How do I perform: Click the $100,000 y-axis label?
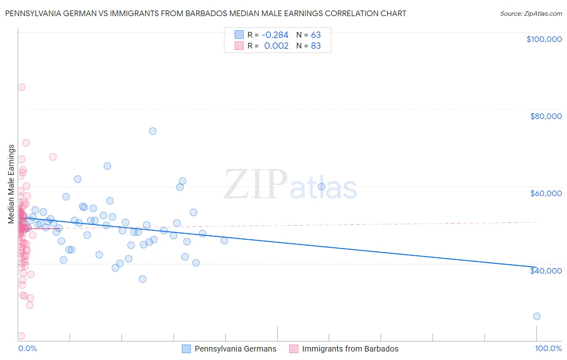(x=544, y=39)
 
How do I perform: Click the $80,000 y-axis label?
(x=546, y=116)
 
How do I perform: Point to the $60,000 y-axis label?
(x=546, y=193)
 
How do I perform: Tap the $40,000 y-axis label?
(x=546, y=270)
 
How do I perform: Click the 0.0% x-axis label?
(x=27, y=348)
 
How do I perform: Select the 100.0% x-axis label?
(x=548, y=348)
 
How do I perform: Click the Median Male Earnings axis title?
(x=11, y=184)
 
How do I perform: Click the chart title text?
(x=205, y=13)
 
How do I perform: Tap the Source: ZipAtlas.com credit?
(x=531, y=13)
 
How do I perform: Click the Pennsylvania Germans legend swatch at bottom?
(x=186, y=349)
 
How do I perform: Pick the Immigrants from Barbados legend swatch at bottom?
(x=294, y=349)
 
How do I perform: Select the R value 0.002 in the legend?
(x=276, y=46)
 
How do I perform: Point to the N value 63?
(x=316, y=35)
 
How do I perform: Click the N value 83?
(x=316, y=46)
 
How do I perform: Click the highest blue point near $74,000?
(x=152, y=131)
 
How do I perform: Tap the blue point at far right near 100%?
(x=537, y=316)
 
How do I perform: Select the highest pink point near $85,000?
(x=22, y=87)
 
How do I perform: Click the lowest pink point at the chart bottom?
(x=21, y=336)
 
